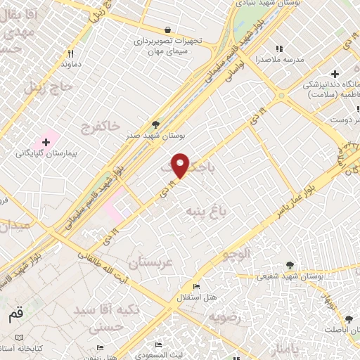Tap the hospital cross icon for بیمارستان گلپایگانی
tap(46, 142)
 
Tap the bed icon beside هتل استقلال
tap(197, 287)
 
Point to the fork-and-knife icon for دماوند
tap(70, 53)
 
